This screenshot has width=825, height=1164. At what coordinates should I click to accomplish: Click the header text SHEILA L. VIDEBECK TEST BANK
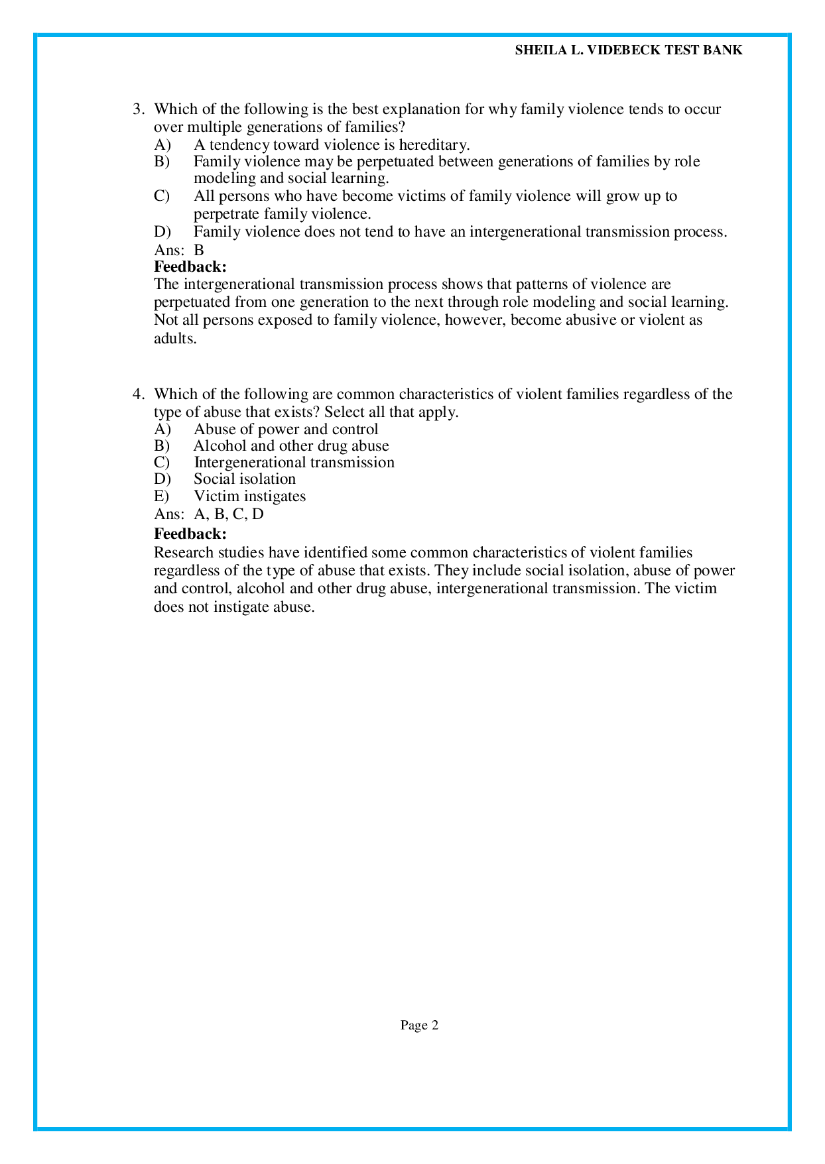coord(628,50)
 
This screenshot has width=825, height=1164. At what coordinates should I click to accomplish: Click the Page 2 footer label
coord(419,1025)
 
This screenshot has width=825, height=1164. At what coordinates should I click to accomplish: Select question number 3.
coord(139,109)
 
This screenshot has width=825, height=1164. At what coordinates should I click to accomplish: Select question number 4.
coord(139,394)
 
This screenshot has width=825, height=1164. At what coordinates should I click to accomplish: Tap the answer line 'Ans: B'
coord(179,250)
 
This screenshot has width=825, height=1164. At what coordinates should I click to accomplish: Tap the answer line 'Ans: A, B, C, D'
coord(209,514)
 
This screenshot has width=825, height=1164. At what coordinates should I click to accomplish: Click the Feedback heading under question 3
coord(190,266)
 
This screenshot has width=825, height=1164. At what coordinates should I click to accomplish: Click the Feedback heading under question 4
coord(190,534)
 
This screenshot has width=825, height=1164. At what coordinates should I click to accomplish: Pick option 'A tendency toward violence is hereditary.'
coord(332,145)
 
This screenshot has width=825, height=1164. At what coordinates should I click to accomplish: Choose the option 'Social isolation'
coord(245,479)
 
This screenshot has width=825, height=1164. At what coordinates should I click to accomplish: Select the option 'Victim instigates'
coord(249,496)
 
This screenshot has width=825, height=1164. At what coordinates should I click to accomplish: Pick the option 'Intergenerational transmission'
coord(294,462)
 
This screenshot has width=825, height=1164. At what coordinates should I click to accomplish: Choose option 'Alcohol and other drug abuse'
coord(291,445)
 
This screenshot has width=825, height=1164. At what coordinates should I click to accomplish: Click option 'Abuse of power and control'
coord(286,429)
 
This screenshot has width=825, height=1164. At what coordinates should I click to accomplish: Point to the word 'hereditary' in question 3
coord(434,145)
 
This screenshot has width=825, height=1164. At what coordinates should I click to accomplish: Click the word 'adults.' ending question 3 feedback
coord(176,338)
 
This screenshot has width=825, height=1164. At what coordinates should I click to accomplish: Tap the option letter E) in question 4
coord(162,496)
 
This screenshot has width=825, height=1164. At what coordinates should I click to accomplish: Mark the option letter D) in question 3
coord(162,231)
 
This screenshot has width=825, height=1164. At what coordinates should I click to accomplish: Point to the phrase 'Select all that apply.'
coord(391,412)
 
